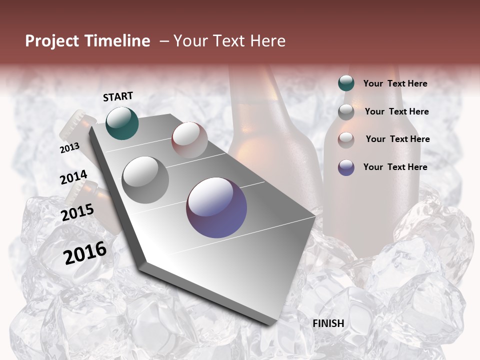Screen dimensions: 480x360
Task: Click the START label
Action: [x=118, y=96]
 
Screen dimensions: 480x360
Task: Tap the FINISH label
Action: [x=328, y=323]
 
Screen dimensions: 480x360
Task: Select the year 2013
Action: [x=69, y=148]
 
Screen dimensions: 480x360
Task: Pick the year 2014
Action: [x=73, y=177]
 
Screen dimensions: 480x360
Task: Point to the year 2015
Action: [x=77, y=212]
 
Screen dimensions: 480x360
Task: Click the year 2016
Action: [x=85, y=253]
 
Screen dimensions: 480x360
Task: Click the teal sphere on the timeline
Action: [x=122, y=123]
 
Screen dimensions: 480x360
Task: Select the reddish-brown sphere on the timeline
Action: [x=189, y=139]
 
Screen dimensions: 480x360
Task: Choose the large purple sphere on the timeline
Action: [x=216, y=207]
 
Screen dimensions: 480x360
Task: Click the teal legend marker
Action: [x=346, y=83]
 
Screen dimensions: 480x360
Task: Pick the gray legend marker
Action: [x=346, y=112]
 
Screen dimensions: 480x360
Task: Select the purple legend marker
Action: [x=346, y=167]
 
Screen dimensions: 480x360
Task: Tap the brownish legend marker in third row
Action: [x=346, y=139]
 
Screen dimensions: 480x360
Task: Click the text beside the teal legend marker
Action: [x=395, y=83]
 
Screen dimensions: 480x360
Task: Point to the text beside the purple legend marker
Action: [x=395, y=167]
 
